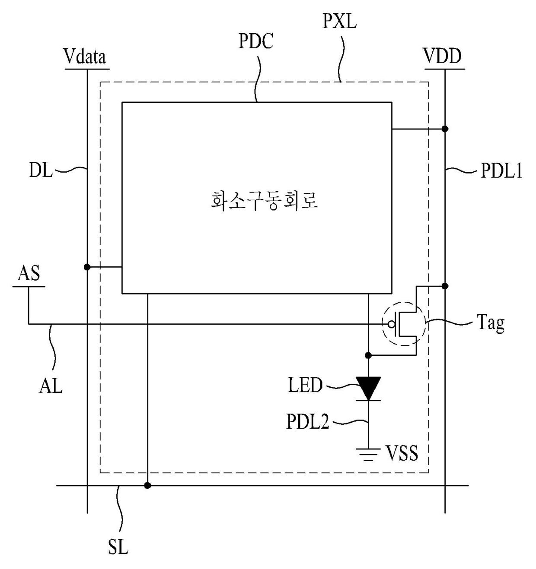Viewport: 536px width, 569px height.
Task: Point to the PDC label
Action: tap(256, 41)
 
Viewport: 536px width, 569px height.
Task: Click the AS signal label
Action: tap(29, 273)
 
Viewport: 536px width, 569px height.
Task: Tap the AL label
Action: tap(51, 385)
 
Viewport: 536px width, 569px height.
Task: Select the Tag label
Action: tap(491, 324)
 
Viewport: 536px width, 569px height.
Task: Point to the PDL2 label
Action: tap(308, 421)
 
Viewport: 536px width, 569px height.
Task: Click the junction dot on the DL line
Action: tap(87, 267)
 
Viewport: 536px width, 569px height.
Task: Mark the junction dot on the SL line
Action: tap(147, 486)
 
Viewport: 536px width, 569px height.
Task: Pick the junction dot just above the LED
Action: tap(368, 356)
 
